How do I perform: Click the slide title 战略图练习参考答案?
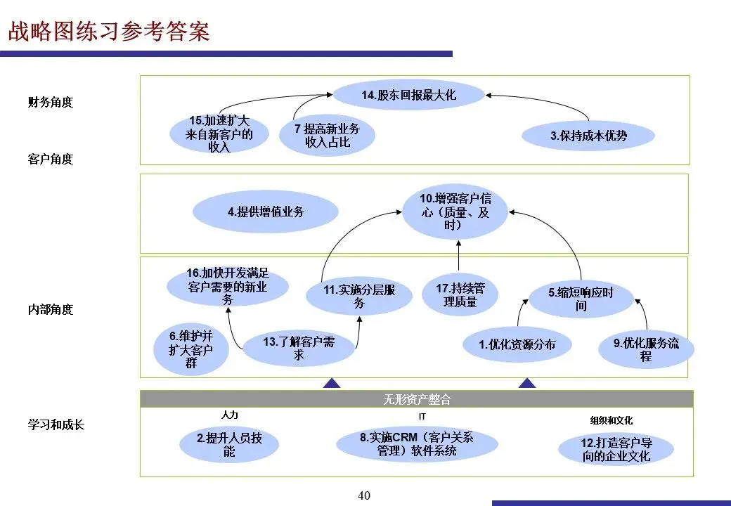(108, 32)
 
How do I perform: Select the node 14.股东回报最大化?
(408, 95)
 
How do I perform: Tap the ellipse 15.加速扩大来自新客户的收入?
(219, 134)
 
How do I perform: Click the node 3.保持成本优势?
(588, 136)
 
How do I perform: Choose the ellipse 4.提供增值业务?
(266, 212)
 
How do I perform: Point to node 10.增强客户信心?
(455, 212)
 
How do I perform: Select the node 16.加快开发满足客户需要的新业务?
(228, 285)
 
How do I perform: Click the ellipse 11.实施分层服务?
(359, 296)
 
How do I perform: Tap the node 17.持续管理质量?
(460, 294)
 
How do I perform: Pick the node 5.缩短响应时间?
(581, 299)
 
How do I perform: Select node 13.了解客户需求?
(299, 348)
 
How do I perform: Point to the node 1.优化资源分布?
(517, 344)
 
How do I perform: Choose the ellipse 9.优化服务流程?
(646, 349)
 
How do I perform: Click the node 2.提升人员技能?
(229, 445)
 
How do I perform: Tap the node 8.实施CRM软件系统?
(417, 444)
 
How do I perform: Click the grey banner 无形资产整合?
(416, 399)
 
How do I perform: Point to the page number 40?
(364, 495)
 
